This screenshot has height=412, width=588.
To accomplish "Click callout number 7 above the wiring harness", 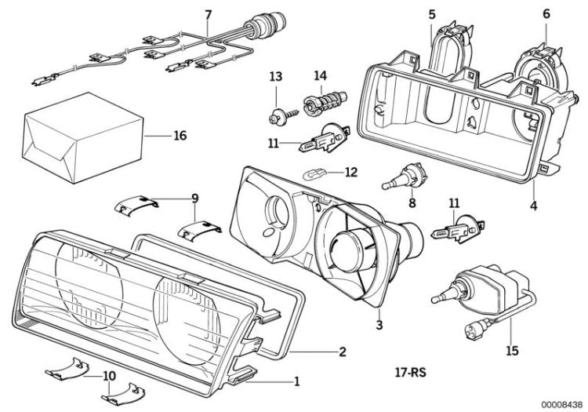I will point(209,15).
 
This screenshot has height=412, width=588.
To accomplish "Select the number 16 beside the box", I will point(180,136).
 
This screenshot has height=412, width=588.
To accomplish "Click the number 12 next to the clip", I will point(350,172).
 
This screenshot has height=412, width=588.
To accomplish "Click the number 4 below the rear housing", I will point(534,206).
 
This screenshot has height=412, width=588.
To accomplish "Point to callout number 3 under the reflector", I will point(379,323).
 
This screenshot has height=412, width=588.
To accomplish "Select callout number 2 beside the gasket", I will point(342,352).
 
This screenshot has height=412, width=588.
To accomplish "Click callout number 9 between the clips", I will point(195,198).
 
